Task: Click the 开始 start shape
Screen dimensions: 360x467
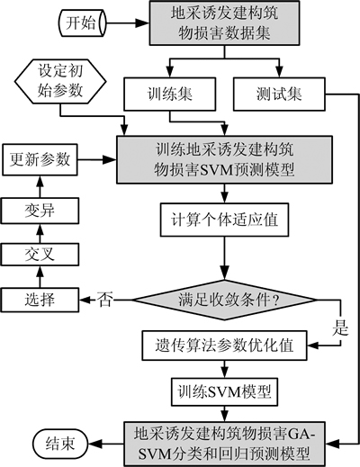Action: click(82, 22)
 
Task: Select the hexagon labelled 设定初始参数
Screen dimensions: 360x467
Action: click(60, 81)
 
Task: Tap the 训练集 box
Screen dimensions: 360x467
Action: click(170, 94)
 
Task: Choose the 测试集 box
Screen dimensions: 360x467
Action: click(279, 94)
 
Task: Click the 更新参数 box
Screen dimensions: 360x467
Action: click(40, 159)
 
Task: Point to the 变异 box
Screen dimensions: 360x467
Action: click(40, 211)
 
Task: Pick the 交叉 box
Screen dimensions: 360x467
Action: click(40, 255)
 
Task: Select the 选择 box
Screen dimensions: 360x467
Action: click(40, 300)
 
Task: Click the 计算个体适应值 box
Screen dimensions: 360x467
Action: click(224, 220)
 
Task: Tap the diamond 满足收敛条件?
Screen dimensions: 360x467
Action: click(224, 300)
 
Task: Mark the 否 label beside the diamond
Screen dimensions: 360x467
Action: click(104, 300)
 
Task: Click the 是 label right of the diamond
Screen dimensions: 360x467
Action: click(340, 328)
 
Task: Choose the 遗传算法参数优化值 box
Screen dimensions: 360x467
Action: click(224, 346)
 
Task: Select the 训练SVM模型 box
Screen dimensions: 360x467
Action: click(224, 391)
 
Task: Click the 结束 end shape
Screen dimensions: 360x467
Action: click(60, 444)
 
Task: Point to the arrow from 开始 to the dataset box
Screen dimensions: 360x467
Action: click(128, 23)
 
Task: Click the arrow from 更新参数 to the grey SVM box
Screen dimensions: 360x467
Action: click(97, 159)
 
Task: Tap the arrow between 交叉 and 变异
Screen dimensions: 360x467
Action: click(40, 233)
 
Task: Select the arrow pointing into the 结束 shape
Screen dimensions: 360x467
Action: click(106, 444)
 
